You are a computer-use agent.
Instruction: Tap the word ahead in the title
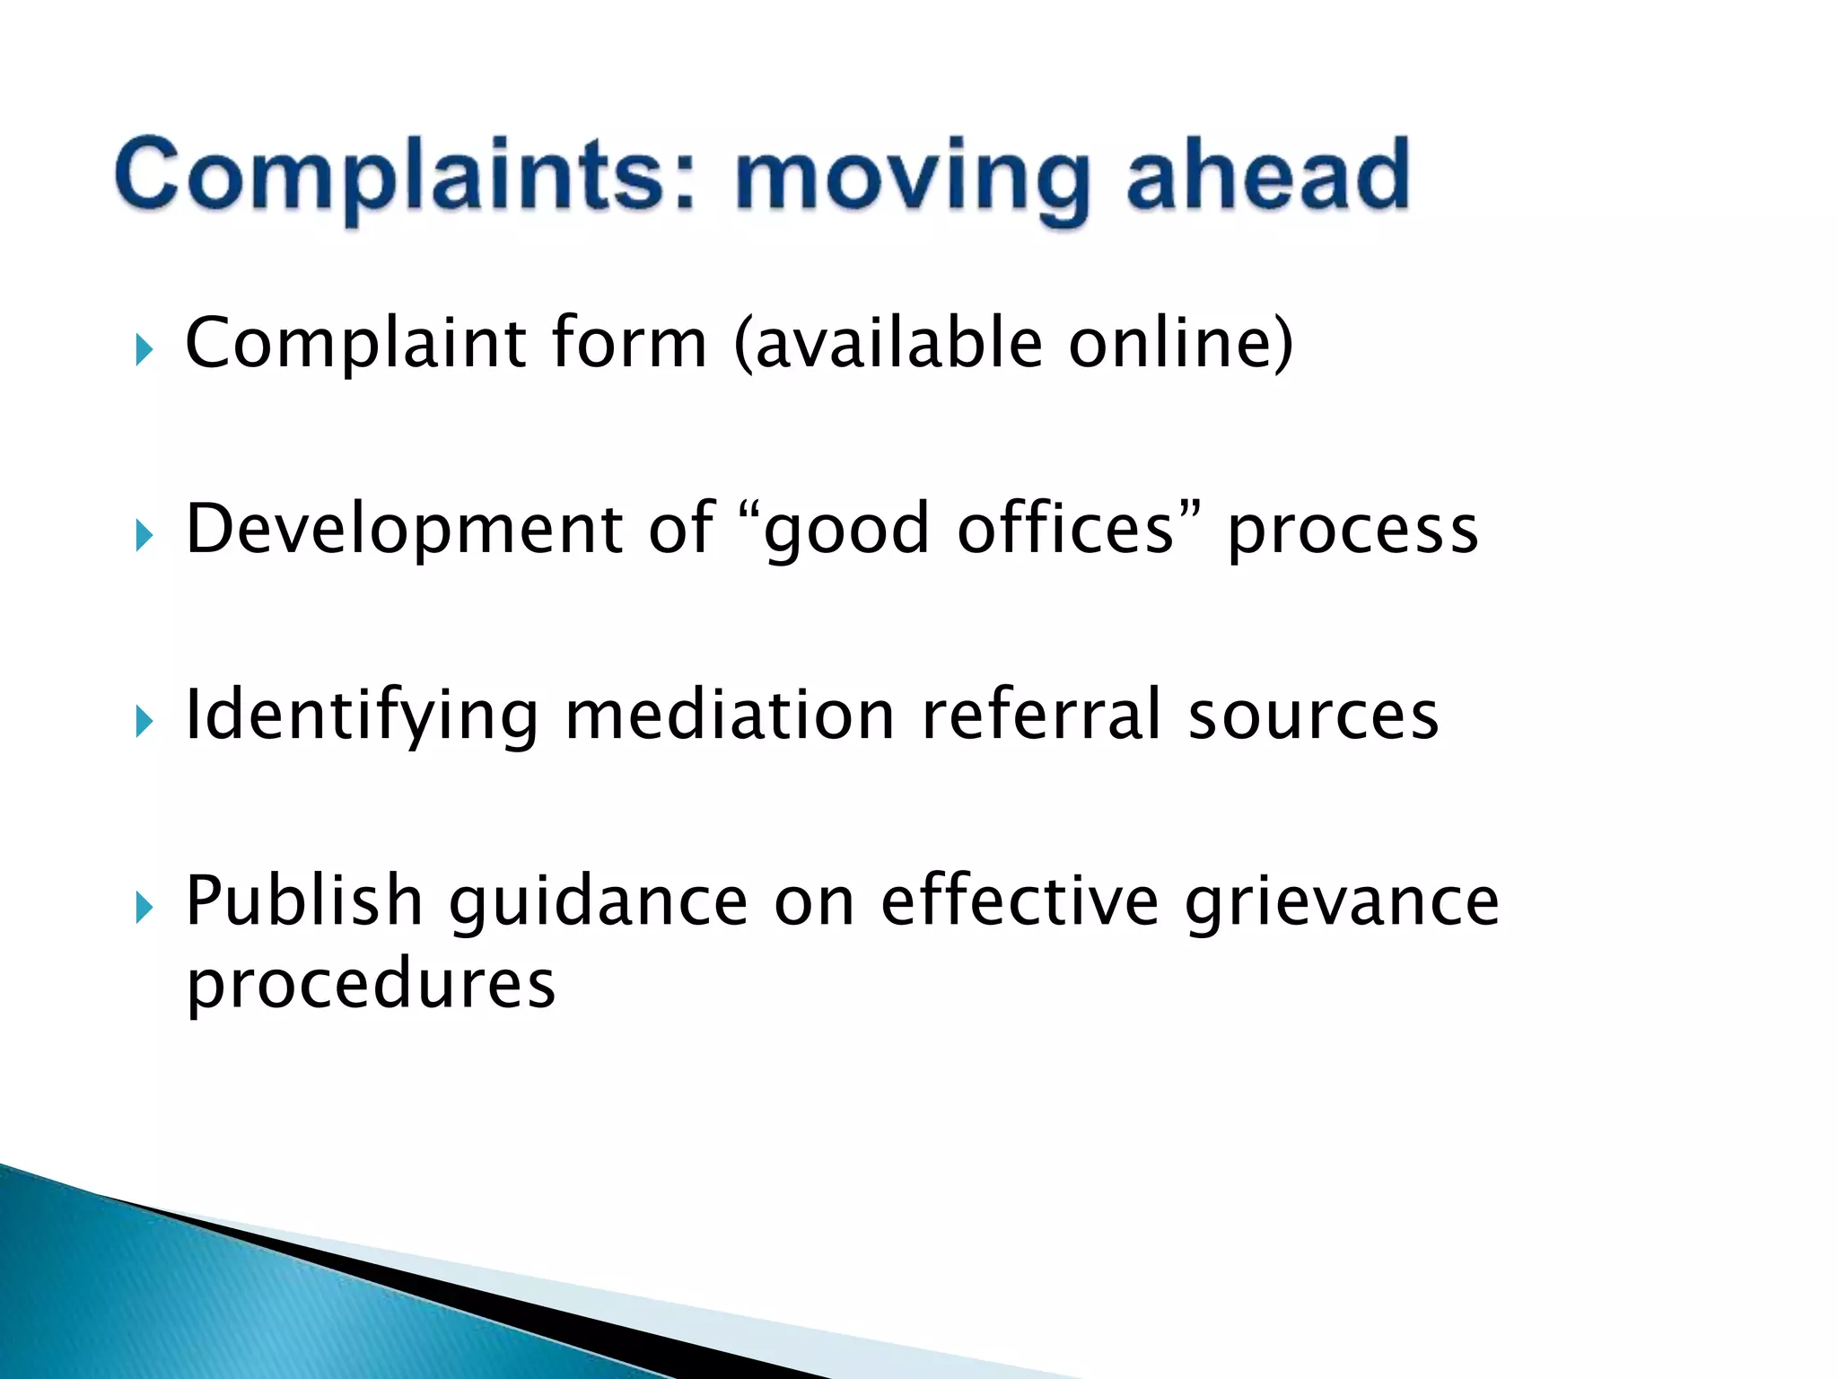pyautogui.click(x=1267, y=175)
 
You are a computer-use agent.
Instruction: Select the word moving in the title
pyautogui.click(x=912, y=180)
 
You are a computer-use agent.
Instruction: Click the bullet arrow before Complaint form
pyautogui.click(x=144, y=349)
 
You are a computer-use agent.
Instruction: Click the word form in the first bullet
pyautogui.click(x=629, y=343)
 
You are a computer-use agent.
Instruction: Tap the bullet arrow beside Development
pyautogui.click(x=144, y=536)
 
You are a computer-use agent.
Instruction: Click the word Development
pyautogui.click(x=404, y=530)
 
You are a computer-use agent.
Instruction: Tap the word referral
pyautogui.click(x=1041, y=716)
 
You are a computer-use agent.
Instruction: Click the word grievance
pyautogui.click(x=1342, y=902)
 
